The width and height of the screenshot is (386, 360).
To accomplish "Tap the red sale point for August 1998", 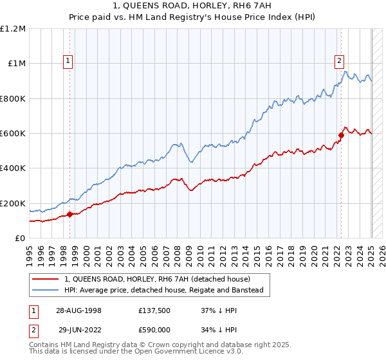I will pyautogui.click(x=69, y=214).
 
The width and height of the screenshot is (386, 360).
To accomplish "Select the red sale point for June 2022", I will pyautogui.click(x=342, y=135).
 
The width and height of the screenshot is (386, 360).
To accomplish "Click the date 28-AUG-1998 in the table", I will pyautogui.click(x=78, y=310).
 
